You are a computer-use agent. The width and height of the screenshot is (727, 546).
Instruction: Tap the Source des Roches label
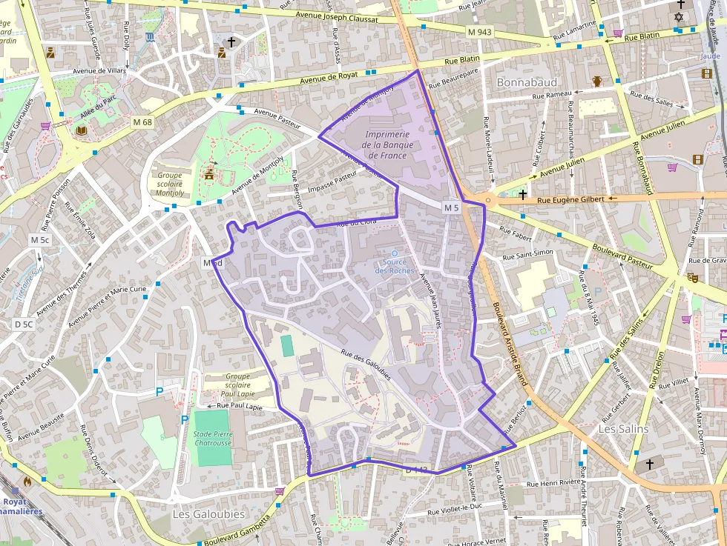[395, 266]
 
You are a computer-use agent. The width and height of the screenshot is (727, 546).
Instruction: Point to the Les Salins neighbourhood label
[623, 429]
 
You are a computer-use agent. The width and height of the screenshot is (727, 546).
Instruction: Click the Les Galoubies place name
[198, 513]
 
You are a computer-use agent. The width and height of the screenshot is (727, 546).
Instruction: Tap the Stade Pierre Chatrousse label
[213, 439]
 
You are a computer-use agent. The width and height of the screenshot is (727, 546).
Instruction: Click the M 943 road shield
[480, 33]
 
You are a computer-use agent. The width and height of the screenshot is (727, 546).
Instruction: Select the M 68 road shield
[142, 121]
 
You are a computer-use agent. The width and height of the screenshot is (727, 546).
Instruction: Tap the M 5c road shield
[40, 240]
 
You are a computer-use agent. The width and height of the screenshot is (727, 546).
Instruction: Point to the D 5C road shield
[24, 324]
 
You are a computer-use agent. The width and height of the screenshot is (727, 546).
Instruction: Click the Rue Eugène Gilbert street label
[571, 199]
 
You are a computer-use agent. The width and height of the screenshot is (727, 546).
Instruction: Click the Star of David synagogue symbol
[678, 17]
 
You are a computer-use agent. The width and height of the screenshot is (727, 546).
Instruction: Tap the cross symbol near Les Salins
[650, 464]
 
